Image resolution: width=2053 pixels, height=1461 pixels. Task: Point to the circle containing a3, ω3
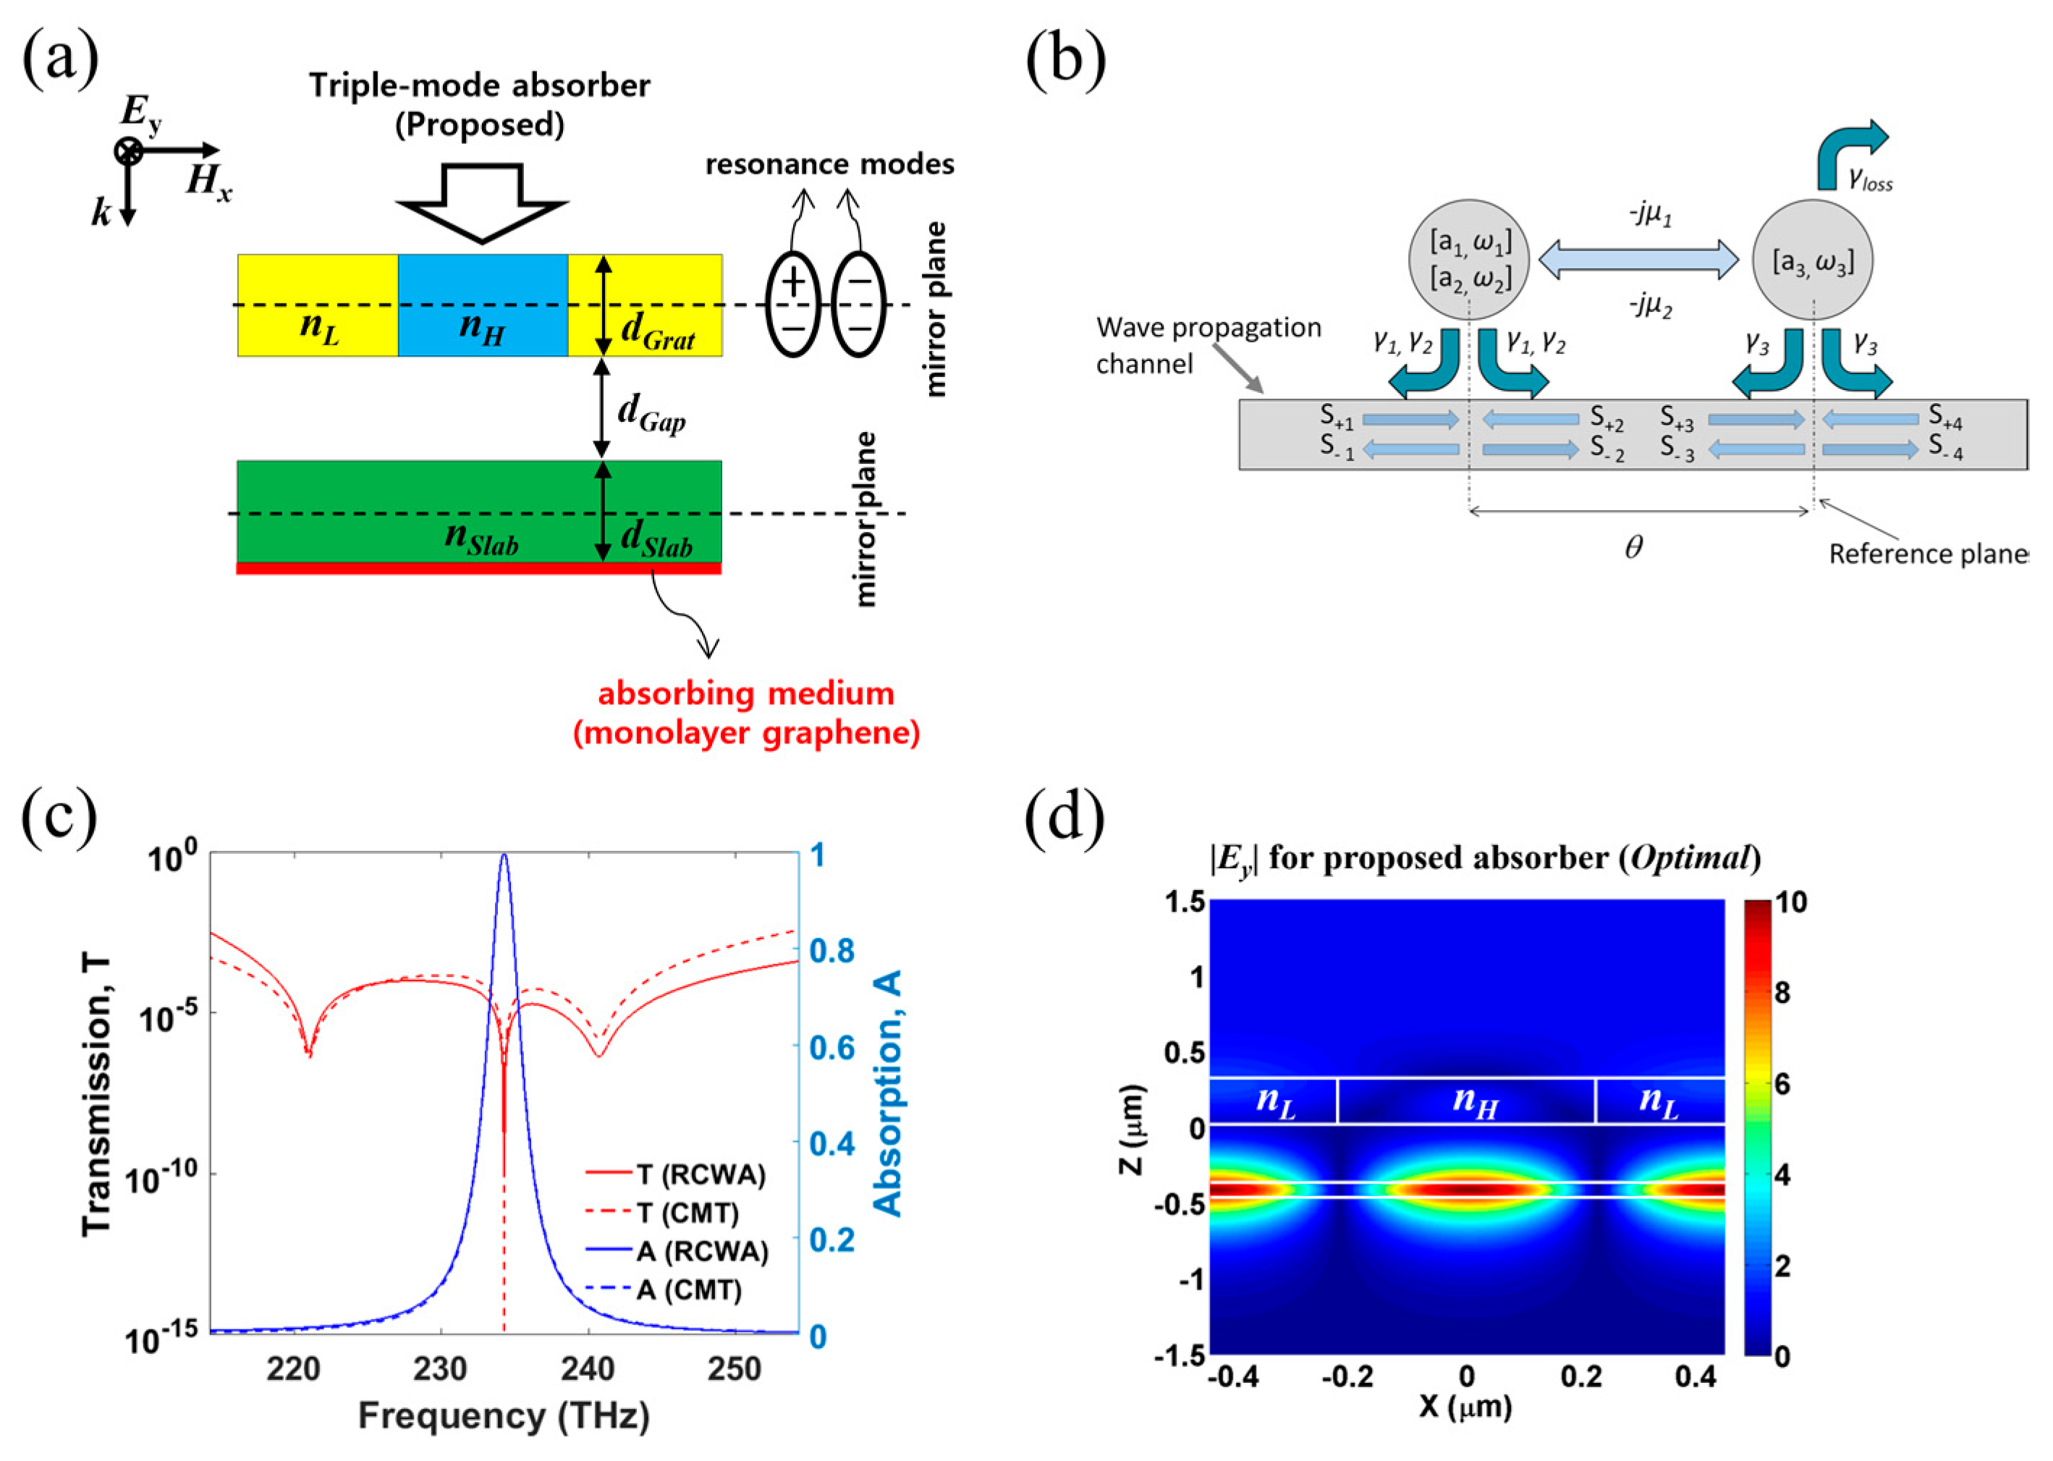[1813, 261]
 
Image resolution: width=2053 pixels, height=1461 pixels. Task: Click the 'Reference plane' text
[1927, 554]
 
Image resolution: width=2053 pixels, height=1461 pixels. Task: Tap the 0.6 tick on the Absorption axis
[832, 1047]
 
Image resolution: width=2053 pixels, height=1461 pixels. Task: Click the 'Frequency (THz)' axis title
[504, 1416]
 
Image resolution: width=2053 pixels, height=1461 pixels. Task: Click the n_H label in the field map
[1476, 1101]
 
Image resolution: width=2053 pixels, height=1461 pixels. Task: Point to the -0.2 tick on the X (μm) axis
[1350, 1377]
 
